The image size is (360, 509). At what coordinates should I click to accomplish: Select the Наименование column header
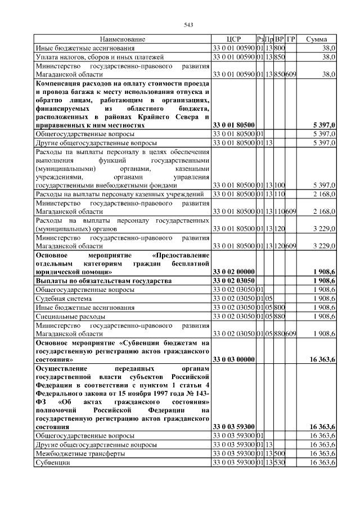pyautogui.click(x=123, y=39)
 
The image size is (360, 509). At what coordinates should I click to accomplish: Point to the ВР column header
pyautogui.click(x=280, y=39)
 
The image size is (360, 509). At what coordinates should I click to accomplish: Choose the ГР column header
pyautogui.click(x=291, y=39)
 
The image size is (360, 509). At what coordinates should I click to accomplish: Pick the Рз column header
pyautogui.click(x=260, y=39)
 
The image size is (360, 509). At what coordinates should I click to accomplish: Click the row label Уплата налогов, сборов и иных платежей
pyautogui.click(x=100, y=57)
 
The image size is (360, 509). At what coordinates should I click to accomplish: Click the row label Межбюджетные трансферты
pyautogui.click(x=77, y=453)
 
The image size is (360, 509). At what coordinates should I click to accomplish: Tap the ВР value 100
pyautogui.click(x=280, y=184)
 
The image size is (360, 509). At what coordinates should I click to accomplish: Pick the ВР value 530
pyautogui.click(x=280, y=462)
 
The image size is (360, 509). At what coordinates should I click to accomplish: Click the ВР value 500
pyautogui.click(x=280, y=453)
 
